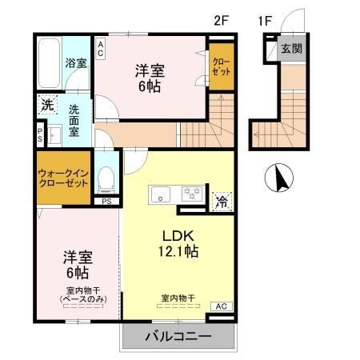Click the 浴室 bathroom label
[x=77, y=62]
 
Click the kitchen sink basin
[x=160, y=193]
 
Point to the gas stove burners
[x=191, y=192]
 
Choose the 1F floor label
[x=266, y=19]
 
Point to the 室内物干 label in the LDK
[x=178, y=298]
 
